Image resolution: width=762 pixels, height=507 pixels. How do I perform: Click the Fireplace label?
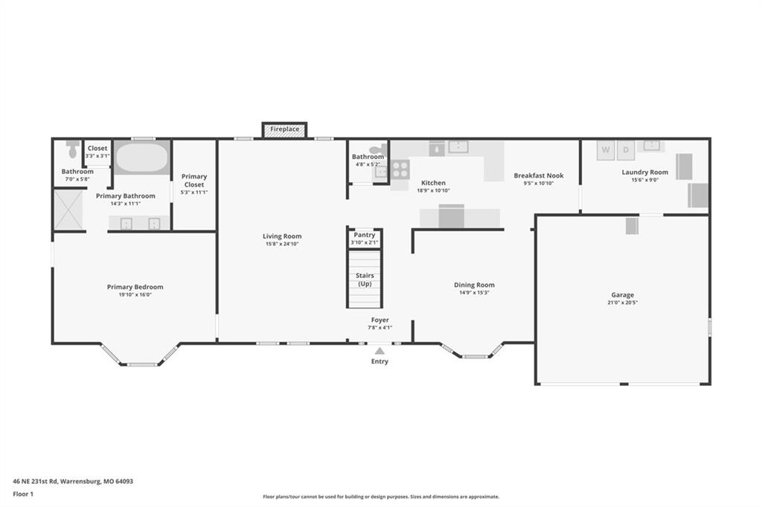tap(285, 129)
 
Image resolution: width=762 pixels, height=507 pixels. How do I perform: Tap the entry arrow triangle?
tap(380, 351)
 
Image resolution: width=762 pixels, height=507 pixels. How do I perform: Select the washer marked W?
tap(606, 150)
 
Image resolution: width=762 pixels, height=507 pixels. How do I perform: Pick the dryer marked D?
tap(626, 150)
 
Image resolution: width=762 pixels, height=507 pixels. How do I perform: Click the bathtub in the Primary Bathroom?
tap(142, 157)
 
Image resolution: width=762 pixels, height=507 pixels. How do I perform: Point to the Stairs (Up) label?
tap(365, 280)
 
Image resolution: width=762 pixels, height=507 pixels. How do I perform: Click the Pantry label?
tap(364, 235)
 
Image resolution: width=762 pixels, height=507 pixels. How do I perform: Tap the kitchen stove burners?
tap(400, 169)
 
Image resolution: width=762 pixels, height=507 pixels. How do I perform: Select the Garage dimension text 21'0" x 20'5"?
tap(623, 303)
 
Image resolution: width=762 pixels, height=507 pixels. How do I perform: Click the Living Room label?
tap(282, 236)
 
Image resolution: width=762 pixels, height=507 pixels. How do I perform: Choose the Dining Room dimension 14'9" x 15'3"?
tap(474, 293)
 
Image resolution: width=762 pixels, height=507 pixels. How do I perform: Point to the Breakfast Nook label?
tap(539, 175)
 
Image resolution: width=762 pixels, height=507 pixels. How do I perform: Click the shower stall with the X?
tap(68, 210)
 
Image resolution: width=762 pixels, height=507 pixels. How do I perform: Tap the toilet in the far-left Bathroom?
tap(73, 149)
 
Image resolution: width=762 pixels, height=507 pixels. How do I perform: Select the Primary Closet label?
tap(194, 181)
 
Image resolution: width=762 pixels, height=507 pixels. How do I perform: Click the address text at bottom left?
tap(73, 482)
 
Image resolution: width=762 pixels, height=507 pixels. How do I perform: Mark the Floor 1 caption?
tap(23, 494)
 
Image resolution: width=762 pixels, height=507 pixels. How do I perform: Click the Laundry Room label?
tap(644, 172)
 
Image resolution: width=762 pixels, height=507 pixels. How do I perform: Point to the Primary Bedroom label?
tap(135, 287)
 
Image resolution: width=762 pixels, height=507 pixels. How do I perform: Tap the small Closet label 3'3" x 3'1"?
tap(97, 152)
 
